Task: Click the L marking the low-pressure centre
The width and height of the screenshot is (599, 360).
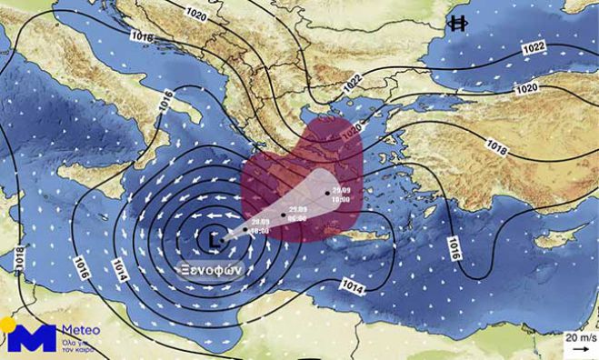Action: (x=214, y=239)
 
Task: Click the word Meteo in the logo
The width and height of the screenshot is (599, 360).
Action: (x=80, y=331)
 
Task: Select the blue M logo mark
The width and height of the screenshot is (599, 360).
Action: (x=33, y=338)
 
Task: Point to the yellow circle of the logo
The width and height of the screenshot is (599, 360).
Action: (x=7, y=325)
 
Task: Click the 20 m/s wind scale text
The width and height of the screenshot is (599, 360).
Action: (x=579, y=336)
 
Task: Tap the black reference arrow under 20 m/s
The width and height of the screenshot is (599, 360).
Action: (x=579, y=348)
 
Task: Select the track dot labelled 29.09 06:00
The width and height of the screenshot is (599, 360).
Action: (x=284, y=215)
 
